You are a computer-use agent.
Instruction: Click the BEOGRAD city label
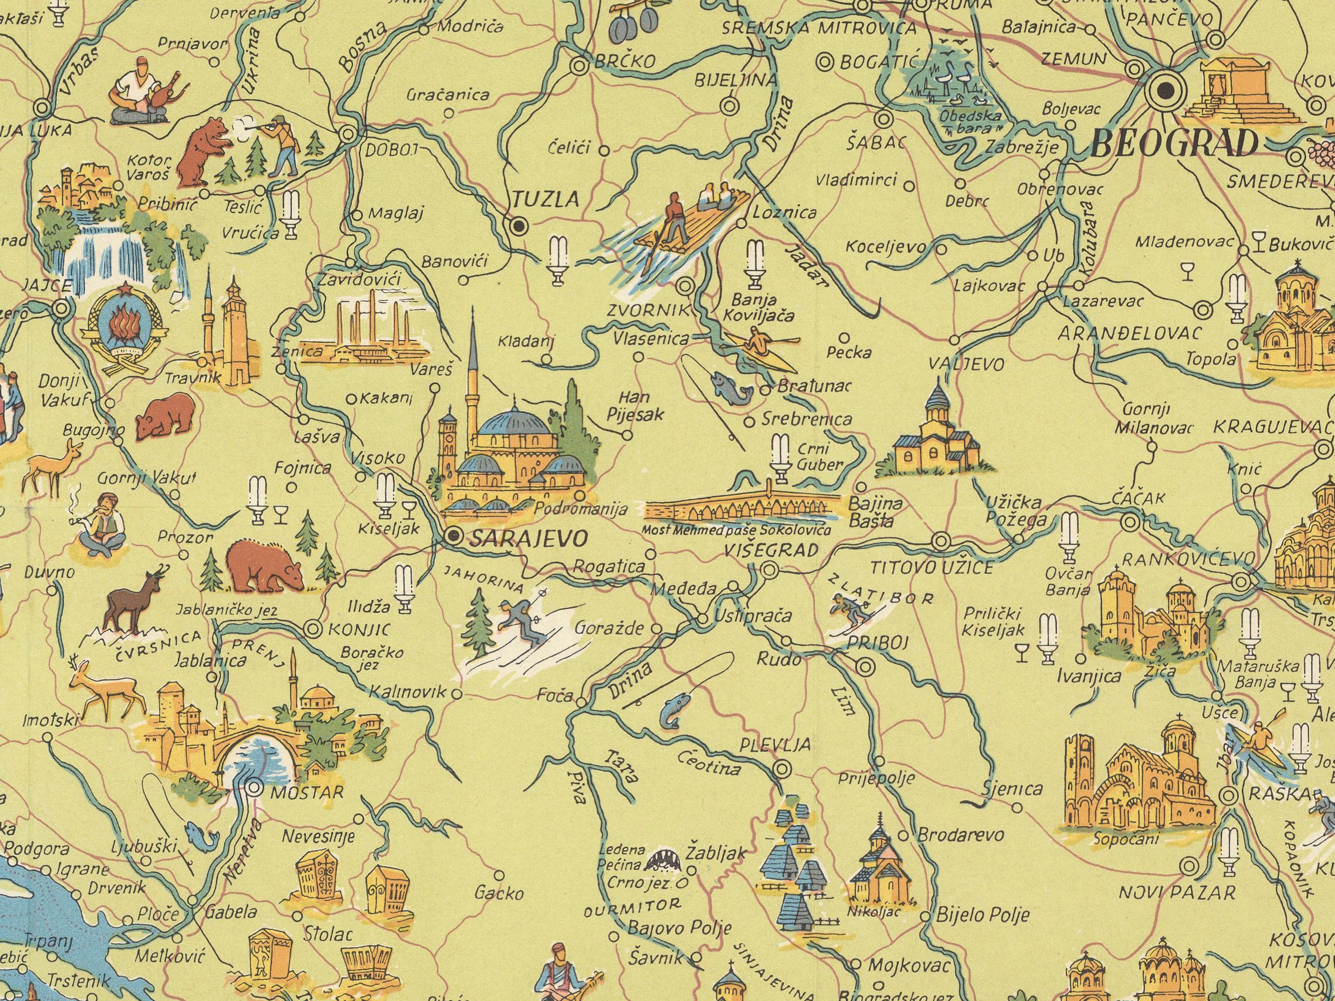click(x=1175, y=144)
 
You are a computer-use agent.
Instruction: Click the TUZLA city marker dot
click(x=517, y=226)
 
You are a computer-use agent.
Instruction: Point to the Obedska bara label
click(x=970, y=121)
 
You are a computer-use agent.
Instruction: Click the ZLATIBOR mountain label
click(x=881, y=589)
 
